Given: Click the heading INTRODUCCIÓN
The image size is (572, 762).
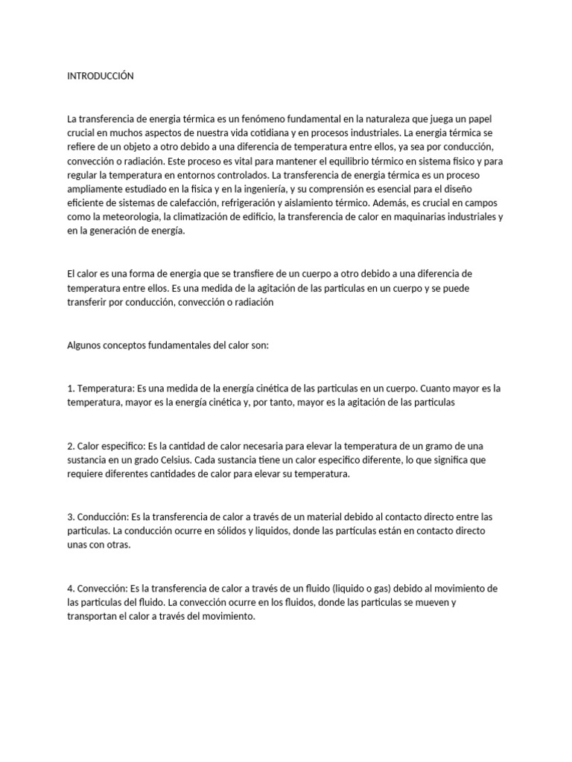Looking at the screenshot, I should click(x=101, y=76).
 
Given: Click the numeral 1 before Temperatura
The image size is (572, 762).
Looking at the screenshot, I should click(x=69, y=388).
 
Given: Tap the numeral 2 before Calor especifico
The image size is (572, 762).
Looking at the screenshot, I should click(x=69, y=446).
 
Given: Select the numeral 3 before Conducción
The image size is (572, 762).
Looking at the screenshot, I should click(x=69, y=516).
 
